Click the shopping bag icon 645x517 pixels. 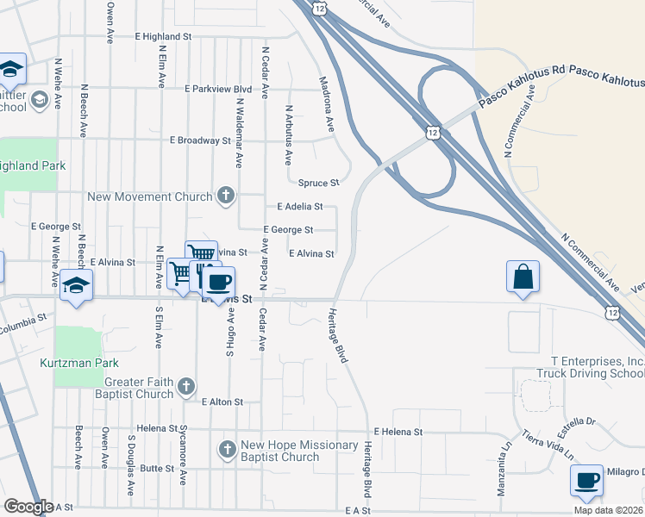click(x=523, y=277)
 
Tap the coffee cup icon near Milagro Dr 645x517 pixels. click(x=587, y=481)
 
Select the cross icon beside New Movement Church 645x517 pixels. click(x=226, y=196)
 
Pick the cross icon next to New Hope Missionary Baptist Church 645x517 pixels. click(x=227, y=450)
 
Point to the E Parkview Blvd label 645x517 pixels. click(x=217, y=89)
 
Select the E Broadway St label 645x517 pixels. click(x=200, y=140)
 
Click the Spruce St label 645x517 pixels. click(x=319, y=183)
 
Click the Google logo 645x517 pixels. click(x=28, y=507)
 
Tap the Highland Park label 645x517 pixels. click(x=28, y=165)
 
